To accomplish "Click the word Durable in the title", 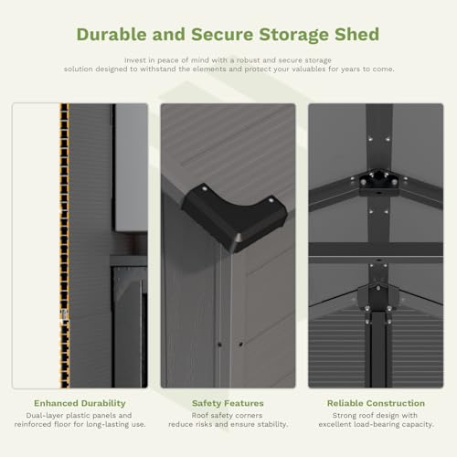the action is (112, 34).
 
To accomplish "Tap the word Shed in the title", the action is (357, 34).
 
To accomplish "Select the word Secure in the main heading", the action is (222, 34).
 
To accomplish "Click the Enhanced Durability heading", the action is (80, 403).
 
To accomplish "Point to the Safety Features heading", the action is (228, 403).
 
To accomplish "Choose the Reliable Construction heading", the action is (376, 403).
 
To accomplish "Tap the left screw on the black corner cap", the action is (205, 189).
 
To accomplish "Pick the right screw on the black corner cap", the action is (271, 200).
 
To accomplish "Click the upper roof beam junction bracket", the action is (378, 182).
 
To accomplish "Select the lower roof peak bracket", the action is (378, 300).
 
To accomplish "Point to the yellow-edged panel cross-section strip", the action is (64, 246).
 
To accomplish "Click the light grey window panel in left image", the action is (132, 167).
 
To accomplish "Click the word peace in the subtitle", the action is (168, 60).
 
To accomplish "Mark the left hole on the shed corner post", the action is (219, 345).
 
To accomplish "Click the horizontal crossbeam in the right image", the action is (376, 250).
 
